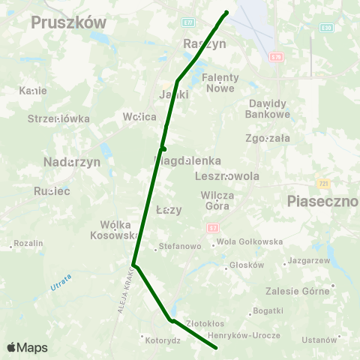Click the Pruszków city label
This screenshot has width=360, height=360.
(x=69, y=23)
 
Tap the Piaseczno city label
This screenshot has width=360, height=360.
(x=323, y=201)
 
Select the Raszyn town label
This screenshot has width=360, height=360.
(x=205, y=44)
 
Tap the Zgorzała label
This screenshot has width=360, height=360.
(x=268, y=138)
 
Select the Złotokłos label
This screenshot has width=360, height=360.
(x=205, y=323)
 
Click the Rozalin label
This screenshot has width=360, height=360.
(x=28, y=244)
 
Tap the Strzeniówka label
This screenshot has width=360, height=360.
(x=58, y=118)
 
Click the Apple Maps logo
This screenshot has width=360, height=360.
(x=27, y=347)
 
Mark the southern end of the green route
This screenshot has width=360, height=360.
(x=216, y=348)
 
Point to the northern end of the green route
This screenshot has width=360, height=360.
(x=226, y=12)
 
